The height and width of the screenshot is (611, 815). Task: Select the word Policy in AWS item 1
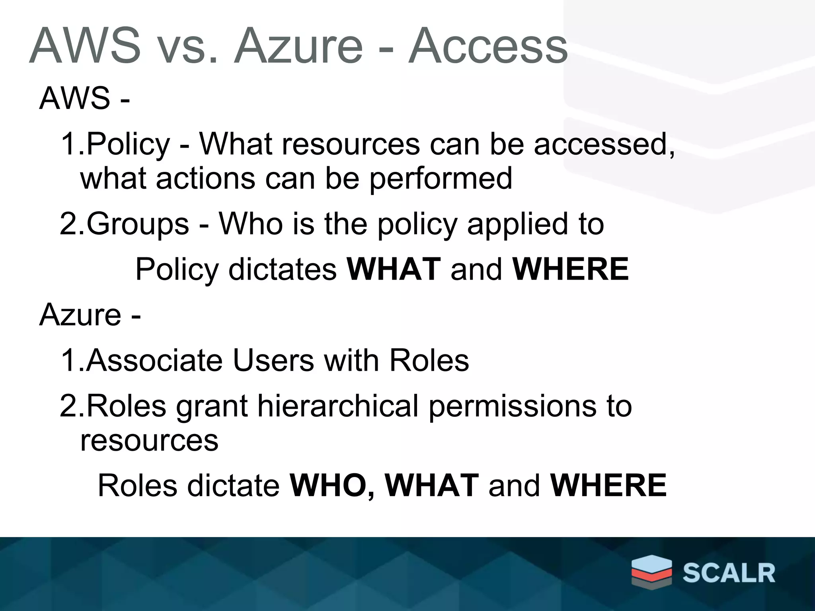coord(128,144)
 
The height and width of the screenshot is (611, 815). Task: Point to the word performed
coord(441,178)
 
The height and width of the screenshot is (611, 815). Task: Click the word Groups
coord(138,224)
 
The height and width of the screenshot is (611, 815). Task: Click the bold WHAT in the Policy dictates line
coord(394,269)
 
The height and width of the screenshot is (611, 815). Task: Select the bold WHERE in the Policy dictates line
coord(571,269)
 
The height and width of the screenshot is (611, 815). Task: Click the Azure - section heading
coord(90,315)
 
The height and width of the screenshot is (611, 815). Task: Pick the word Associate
coord(154,360)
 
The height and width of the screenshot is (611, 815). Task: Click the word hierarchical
coord(337,406)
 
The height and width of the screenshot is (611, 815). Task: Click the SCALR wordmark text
coord(729,573)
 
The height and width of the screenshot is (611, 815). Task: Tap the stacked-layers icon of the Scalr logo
coord(651,573)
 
